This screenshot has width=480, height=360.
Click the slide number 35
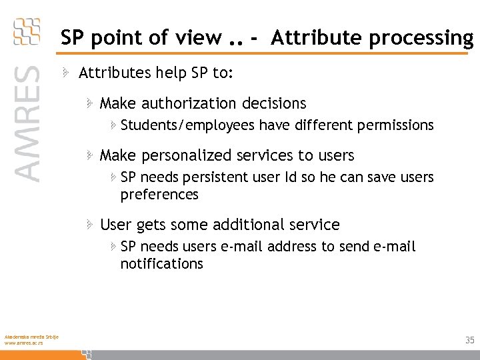pos(469,341)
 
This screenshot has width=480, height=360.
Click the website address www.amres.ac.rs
pos(23,343)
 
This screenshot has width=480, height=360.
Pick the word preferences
pos(159,195)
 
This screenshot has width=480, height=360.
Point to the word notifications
pos(161,264)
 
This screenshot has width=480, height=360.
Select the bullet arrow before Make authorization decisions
pos(89,103)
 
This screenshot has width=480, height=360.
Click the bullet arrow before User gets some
pos(89,225)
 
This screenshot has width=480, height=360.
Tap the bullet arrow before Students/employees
pos(113,125)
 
